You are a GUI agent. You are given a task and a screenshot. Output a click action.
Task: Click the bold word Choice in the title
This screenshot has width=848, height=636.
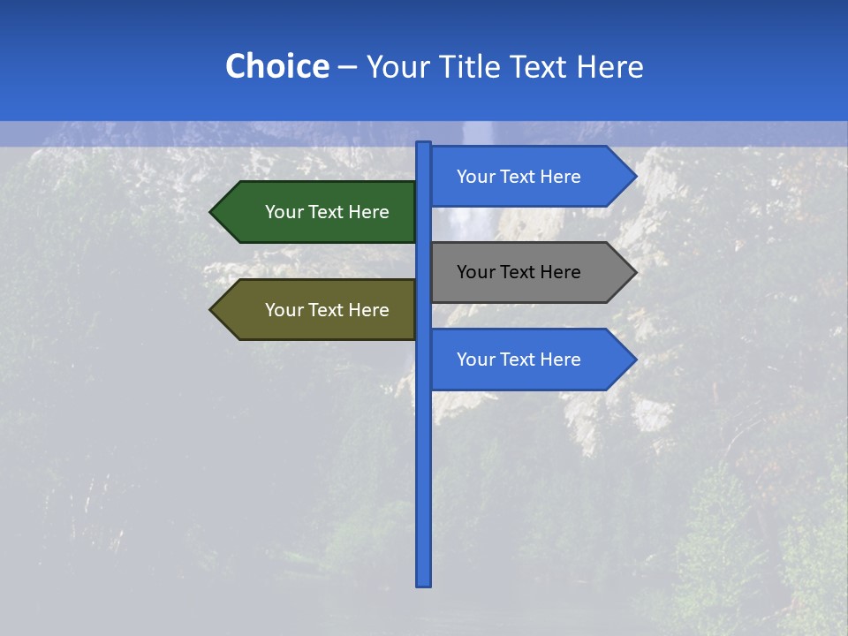tap(276, 66)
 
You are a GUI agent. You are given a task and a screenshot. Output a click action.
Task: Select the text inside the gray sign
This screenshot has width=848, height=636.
tap(519, 272)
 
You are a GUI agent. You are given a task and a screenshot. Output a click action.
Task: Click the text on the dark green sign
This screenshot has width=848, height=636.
tap(327, 212)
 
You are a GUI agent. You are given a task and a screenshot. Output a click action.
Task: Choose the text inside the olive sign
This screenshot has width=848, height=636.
tap(327, 310)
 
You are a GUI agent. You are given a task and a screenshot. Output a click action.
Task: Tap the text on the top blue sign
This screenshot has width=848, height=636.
tap(519, 177)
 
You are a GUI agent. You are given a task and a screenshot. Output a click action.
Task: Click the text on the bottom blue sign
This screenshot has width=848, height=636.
tap(519, 360)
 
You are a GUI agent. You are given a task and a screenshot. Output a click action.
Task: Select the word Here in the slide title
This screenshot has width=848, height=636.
tap(609, 66)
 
